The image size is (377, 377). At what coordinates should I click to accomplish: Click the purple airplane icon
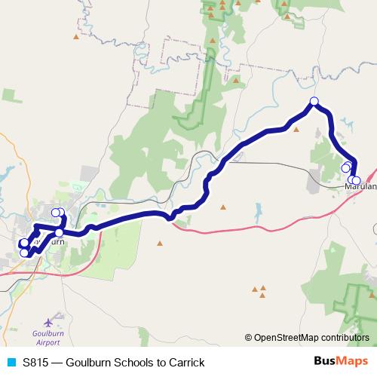click(53, 321)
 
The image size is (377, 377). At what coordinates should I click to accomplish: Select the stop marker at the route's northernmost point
click(314, 102)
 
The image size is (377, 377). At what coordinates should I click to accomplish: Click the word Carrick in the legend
click(185, 363)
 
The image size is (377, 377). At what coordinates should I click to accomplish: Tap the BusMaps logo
click(341, 362)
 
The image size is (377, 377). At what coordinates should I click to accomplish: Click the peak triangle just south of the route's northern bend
click(296, 129)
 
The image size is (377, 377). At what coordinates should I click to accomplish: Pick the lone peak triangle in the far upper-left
click(76, 35)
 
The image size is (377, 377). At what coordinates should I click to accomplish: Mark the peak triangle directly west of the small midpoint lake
click(222, 207)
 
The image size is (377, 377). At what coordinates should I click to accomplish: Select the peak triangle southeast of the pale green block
click(160, 243)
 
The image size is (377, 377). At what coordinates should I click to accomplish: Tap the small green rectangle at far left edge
click(11, 94)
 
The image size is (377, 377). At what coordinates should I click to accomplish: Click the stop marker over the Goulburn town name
click(60, 232)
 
